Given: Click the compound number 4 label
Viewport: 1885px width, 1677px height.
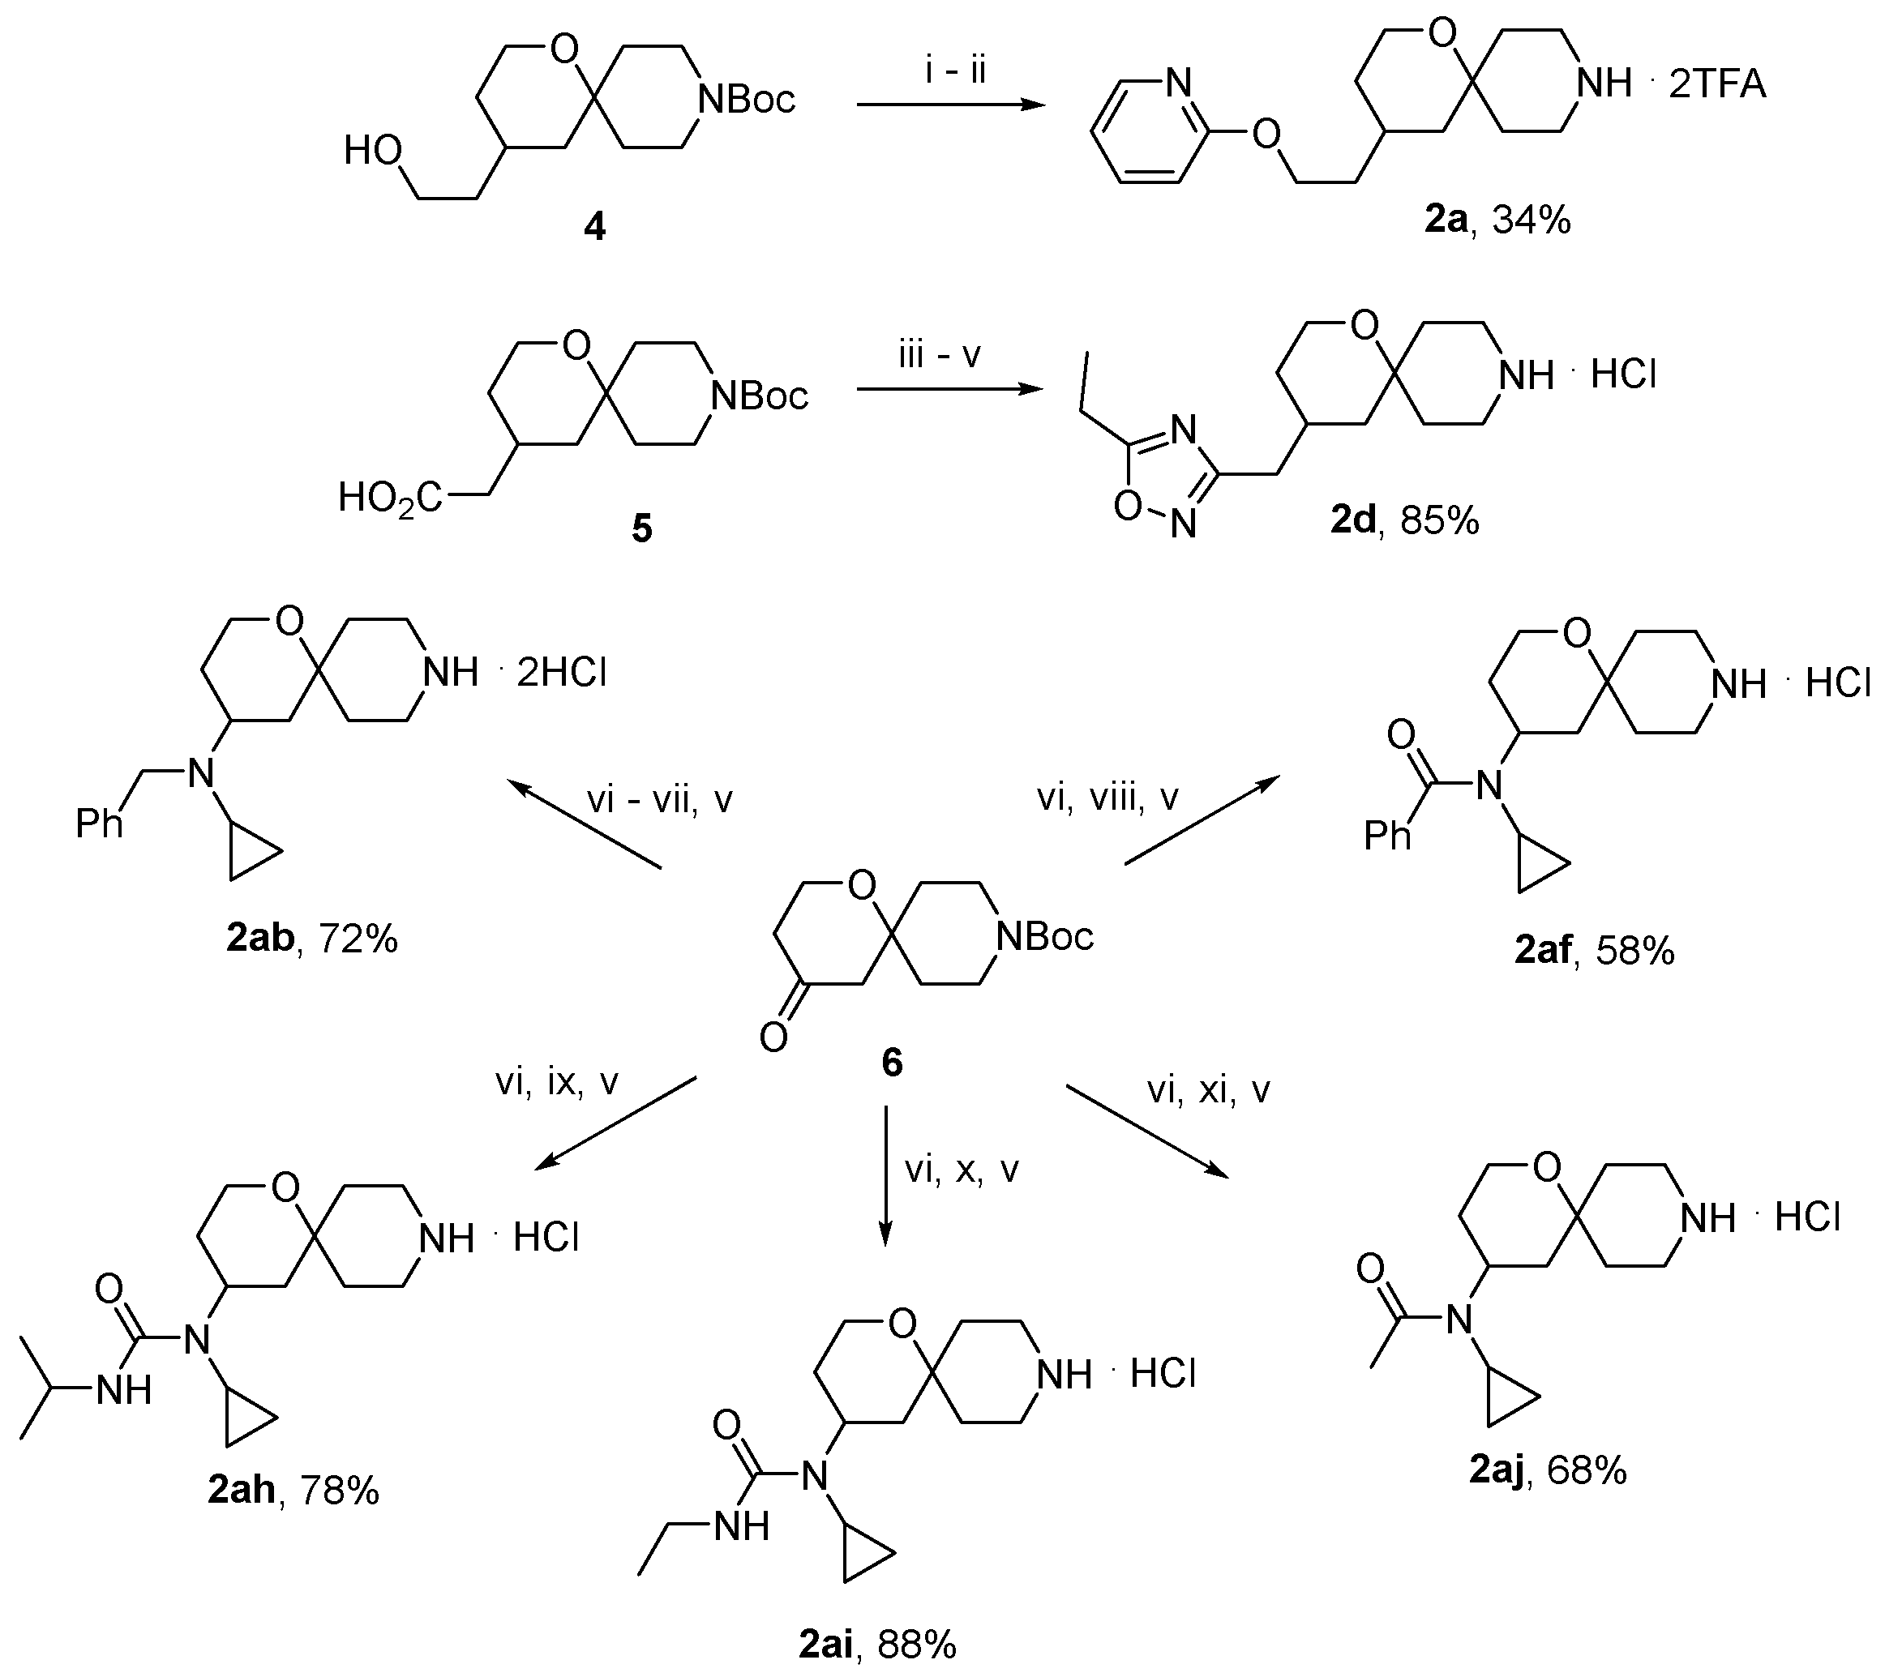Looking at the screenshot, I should click(x=595, y=226).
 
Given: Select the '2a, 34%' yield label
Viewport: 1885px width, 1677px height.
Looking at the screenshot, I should click(x=1497, y=220).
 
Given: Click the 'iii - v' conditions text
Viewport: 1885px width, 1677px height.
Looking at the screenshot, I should click(x=940, y=354).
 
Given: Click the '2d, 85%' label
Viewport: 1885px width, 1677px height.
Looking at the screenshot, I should click(x=1403, y=521).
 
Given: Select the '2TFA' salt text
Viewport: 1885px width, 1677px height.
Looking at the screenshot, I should click(x=1717, y=84).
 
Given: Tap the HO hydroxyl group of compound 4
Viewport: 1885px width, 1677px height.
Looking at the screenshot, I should click(x=373, y=150).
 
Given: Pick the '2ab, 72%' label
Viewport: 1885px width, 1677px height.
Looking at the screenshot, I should click(x=311, y=939).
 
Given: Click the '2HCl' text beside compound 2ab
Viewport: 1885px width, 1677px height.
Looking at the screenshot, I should click(x=561, y=673).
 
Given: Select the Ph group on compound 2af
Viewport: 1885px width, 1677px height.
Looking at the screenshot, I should click(x=1387, y=836).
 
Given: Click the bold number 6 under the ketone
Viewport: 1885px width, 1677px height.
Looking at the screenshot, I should click(x=892, y=1063).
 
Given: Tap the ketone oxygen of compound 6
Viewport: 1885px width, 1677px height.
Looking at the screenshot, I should click(x=773, y=1039).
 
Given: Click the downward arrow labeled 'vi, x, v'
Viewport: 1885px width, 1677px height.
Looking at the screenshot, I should click(x=885, y=1175).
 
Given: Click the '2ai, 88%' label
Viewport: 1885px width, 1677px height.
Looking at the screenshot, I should click(x=877, y=1644).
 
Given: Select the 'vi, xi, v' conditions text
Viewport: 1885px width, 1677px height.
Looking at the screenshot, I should click(x=1208, y=1091).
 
